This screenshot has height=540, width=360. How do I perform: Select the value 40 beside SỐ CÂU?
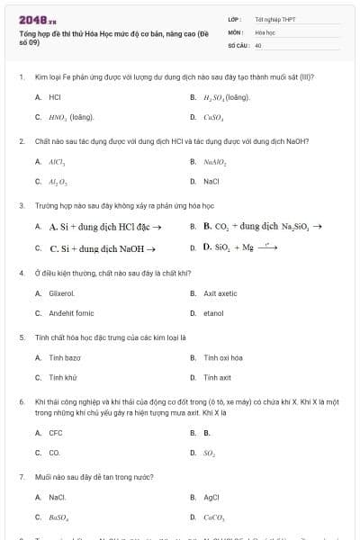[258, 44]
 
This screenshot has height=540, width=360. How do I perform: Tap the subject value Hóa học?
[265, 31]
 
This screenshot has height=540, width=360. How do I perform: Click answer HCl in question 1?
[55, 96]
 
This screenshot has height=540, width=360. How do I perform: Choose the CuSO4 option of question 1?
[212, 117]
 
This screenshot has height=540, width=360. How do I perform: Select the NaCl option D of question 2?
[211, 181]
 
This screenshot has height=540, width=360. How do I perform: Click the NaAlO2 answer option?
[214, 161]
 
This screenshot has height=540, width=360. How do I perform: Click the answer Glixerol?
[62, 292]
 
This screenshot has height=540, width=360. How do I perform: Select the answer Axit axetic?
[220, 292]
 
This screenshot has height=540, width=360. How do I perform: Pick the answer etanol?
[213, 313]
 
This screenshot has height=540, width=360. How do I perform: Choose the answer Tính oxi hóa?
[223, 357]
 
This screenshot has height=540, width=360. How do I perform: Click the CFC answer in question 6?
[56, 433]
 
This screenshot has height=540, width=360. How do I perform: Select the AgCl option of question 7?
[212, 497]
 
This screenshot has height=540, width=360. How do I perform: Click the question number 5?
[22, 337]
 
